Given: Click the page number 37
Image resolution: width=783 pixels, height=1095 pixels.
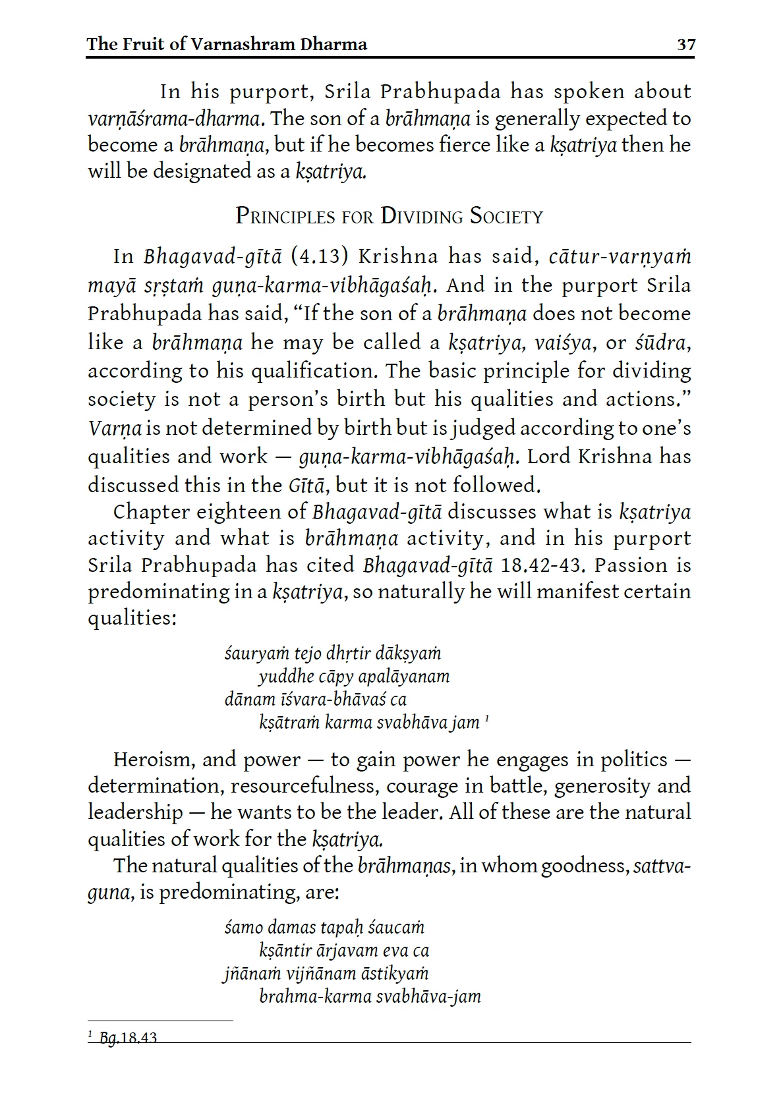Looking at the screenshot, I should click(x=685, y=45).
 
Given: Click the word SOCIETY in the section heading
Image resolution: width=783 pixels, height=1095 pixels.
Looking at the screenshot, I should click(x=506, y=217).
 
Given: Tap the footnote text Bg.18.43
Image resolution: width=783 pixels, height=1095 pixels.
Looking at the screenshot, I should click(x=128, y=1038).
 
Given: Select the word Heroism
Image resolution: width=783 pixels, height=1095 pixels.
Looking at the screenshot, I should click(x=154, y=760).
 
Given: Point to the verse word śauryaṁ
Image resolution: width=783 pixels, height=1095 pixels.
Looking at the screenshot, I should click(x=248, y=654).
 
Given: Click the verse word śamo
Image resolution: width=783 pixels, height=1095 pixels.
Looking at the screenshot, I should click(x=243, y=928).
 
